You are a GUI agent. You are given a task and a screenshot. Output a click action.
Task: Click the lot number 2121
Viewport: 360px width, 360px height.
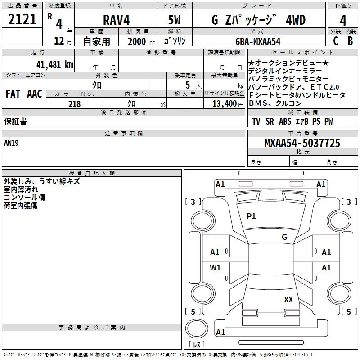pyautogui.click(x=22, y=20)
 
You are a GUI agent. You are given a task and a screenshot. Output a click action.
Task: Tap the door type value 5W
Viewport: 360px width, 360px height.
pyautogui.click(x=174, y=20)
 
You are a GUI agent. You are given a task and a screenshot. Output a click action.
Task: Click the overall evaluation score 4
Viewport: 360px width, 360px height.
pyautogui.click(x=343, y=20)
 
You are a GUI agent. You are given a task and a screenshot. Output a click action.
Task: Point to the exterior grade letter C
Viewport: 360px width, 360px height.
pyautogui.click(x=335, y=40)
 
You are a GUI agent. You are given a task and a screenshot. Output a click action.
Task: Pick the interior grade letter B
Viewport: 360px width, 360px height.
pyautogui.click(x=350, y=40)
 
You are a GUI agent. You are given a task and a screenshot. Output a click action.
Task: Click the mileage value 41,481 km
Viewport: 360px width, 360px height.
pyautogui.click(x=52, y=64)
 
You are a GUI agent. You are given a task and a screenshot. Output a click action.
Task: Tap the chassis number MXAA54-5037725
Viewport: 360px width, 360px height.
pyautogui.click(x=302, y=143)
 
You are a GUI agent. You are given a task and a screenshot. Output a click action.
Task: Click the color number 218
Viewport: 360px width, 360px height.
pyautogui.click(x=74, y=104)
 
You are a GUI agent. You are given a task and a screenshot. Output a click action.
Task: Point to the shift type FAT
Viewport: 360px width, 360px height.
pyautogui.click(x=13, y=94)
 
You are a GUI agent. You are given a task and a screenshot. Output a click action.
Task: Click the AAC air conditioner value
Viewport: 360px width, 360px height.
pyautogui.click(x=34, y=94)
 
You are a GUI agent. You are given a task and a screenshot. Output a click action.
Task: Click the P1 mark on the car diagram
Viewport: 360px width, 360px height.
pyautogui.click(x=251, y=216)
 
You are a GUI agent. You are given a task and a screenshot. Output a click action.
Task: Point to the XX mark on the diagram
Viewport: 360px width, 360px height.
pyautogui.click(x=288, y=299)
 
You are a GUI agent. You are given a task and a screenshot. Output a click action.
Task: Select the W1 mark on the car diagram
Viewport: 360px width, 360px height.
pyautogui.click(x=216, y=268)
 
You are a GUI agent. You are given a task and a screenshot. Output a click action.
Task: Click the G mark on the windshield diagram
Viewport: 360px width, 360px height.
pyautogui.click(x=284, y=237)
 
